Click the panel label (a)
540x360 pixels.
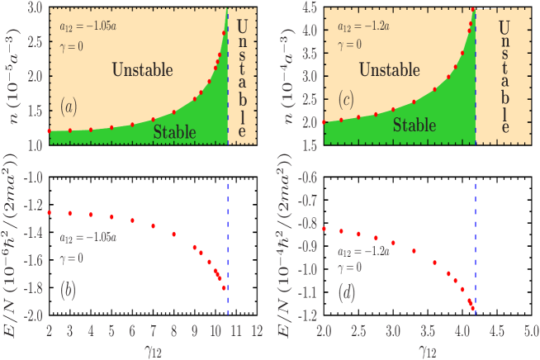click(x=69, y=105)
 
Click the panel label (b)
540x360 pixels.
click(x=70, y=291)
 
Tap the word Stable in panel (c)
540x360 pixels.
click(x=414, y=125)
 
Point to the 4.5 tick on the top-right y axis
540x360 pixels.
click(x=310, y=7)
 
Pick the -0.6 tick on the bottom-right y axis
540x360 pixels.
click(x=307, y=177)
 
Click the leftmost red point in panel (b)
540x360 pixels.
click(x=50, y=213)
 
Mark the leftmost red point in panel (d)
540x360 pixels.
click(x=324, y=229)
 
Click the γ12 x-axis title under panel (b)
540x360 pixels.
click(x=154, y=350)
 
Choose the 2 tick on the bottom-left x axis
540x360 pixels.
click(x=50, y=331)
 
